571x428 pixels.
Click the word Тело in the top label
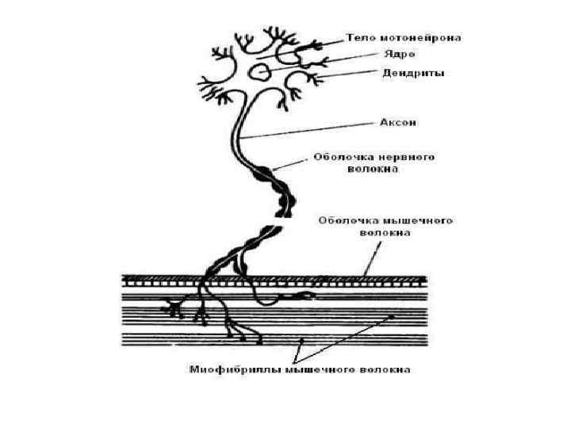click(361, 37)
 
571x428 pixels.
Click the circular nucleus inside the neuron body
click(259, 73)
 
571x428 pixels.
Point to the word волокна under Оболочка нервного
click(376, 169)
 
